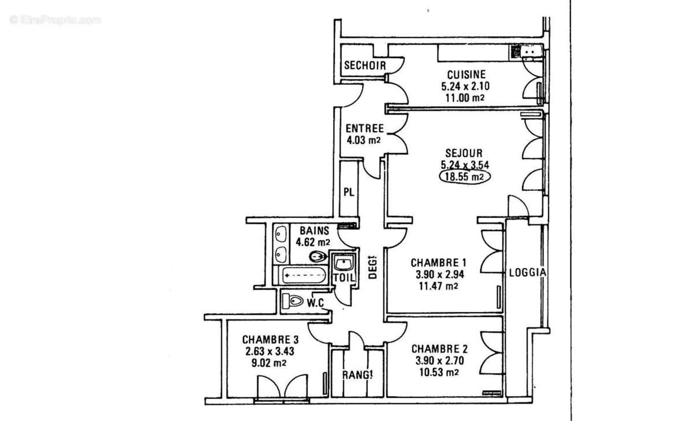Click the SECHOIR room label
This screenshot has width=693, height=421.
[x=364, y=66]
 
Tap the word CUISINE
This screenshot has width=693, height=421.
[x=465, y=74]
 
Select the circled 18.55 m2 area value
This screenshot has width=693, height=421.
[x=464, y=177]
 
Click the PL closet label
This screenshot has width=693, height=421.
[x=348, y=192]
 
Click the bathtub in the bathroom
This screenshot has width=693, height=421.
[x=304, y=276]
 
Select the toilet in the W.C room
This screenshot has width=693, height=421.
[x=293, y=301]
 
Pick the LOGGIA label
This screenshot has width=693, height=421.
[x=527, y=272]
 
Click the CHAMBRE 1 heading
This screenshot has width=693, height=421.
[x=439, y=262]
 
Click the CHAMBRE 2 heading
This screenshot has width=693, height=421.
[x=439, y=349]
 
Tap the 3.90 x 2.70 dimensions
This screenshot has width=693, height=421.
[x=439, y=361]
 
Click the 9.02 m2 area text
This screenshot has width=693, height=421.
[x=267, y=363]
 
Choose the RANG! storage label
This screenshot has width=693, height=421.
[x=357, y=375]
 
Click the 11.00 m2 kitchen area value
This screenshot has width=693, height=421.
[x=464, y=98]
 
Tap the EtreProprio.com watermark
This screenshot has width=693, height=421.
[x=55, y=20]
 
